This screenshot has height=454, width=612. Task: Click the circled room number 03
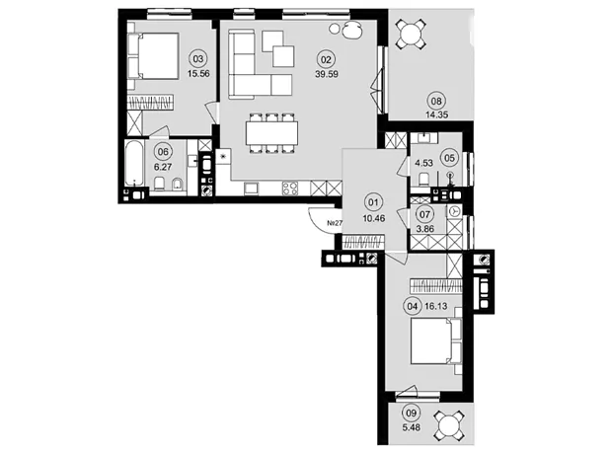(198, 59)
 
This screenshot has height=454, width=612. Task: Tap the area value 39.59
(327, 74)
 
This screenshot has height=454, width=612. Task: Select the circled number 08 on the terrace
(436, 101)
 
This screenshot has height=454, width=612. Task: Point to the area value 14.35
(436, 114)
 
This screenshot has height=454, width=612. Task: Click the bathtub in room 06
(134, 164)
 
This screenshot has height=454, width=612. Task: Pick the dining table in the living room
(271, 133)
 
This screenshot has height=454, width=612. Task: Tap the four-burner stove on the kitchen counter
(289, 189)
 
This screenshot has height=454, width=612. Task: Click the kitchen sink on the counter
(251, 189)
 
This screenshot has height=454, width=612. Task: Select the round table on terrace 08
(411, 35)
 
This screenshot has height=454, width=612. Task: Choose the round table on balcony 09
(449, 425)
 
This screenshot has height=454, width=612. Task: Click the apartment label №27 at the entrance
(335, 223)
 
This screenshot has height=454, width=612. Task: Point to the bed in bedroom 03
(153, 56)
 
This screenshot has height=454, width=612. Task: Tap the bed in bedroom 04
(436, 341)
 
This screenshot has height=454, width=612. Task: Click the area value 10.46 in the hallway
(374, 218)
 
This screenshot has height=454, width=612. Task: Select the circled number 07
(424, 214)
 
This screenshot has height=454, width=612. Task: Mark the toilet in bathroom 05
(423, 180)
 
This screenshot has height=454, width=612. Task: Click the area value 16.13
(435, 306)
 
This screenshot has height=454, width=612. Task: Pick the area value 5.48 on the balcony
(412, 427)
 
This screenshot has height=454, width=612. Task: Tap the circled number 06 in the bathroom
(163, 151)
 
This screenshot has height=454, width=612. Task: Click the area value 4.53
(423, 163)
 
